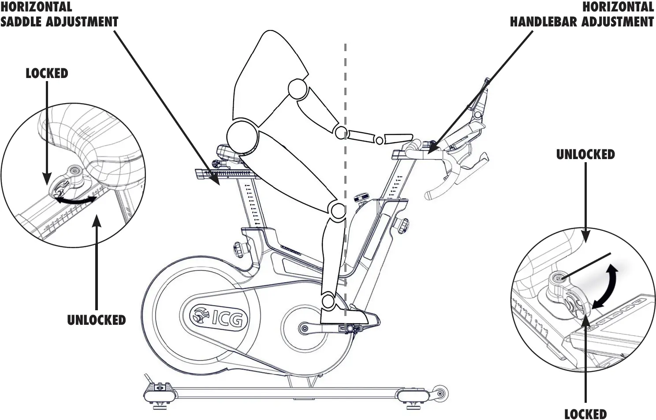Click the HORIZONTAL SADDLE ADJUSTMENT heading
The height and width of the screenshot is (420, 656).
point(59,14)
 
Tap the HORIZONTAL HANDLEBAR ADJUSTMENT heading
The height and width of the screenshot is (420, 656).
point(581,14)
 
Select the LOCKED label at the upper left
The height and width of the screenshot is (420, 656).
point(47,73)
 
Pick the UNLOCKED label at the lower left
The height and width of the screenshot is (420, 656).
point(96,320)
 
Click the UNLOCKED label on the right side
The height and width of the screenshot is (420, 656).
point(585,154)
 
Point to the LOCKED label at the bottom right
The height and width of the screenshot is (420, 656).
point(585,414)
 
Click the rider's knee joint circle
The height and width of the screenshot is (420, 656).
point(338,210)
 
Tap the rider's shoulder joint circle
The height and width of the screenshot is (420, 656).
point(298,89)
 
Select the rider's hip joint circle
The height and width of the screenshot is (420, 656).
point(242,135)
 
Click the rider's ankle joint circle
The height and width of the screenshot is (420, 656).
point(328,301)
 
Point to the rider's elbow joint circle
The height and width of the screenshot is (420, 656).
point(340,132)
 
